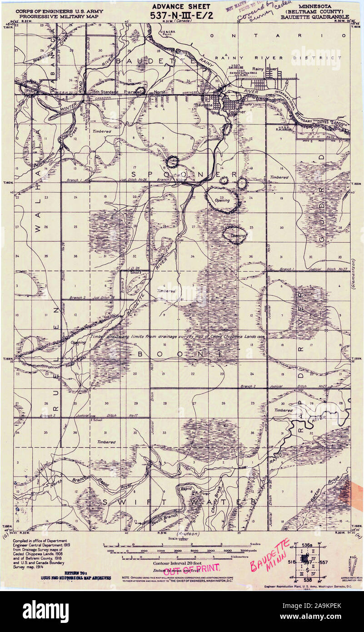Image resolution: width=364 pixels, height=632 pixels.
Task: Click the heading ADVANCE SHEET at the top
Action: [181, 6]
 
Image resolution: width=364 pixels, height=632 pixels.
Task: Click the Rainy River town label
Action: [265, 69]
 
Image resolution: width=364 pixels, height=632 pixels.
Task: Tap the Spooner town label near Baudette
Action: [236, 111]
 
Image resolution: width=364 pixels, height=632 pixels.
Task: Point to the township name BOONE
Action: [180, 353]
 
